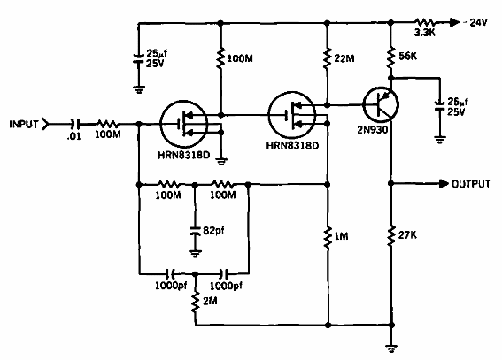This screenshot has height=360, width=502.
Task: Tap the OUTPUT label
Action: click(x=472, y=185)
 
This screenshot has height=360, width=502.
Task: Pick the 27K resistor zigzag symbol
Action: click(x=390, y=237)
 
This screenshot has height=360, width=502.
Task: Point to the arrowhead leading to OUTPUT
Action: click(x=442, y=185)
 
